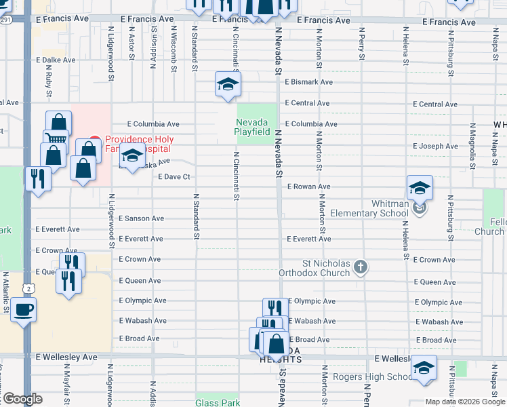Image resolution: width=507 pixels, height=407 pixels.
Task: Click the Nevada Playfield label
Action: (253, 127)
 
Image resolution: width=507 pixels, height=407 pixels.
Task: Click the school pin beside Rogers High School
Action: (424, 369)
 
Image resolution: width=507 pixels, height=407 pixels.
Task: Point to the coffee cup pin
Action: (24, 311)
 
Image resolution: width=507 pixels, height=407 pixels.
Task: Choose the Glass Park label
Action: (218, 402)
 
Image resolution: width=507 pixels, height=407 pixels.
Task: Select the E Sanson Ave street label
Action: (141, 218)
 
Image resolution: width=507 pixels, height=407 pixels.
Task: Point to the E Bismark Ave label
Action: (309, 82)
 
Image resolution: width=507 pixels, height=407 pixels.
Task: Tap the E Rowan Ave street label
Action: (308, 187)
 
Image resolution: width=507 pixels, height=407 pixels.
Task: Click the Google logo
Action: (22, 399)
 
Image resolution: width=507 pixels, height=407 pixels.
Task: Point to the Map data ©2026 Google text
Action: (464, 402)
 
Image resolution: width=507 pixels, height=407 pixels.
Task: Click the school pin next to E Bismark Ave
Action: (228, 84)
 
